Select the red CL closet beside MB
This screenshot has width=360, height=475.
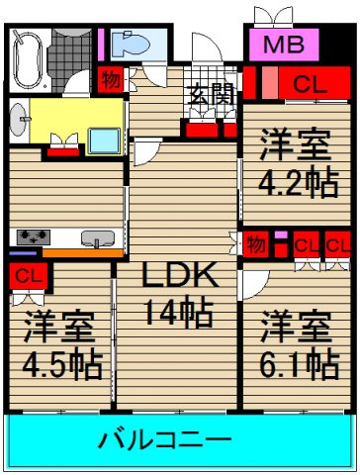coord(303,82)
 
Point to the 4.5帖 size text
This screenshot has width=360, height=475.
coord(61,365)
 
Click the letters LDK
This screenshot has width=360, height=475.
coord(175,274)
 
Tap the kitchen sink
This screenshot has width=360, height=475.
coord(96,237)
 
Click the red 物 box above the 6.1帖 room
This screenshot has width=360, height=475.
coord(255,242)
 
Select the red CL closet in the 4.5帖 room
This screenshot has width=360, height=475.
coord(28,274)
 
